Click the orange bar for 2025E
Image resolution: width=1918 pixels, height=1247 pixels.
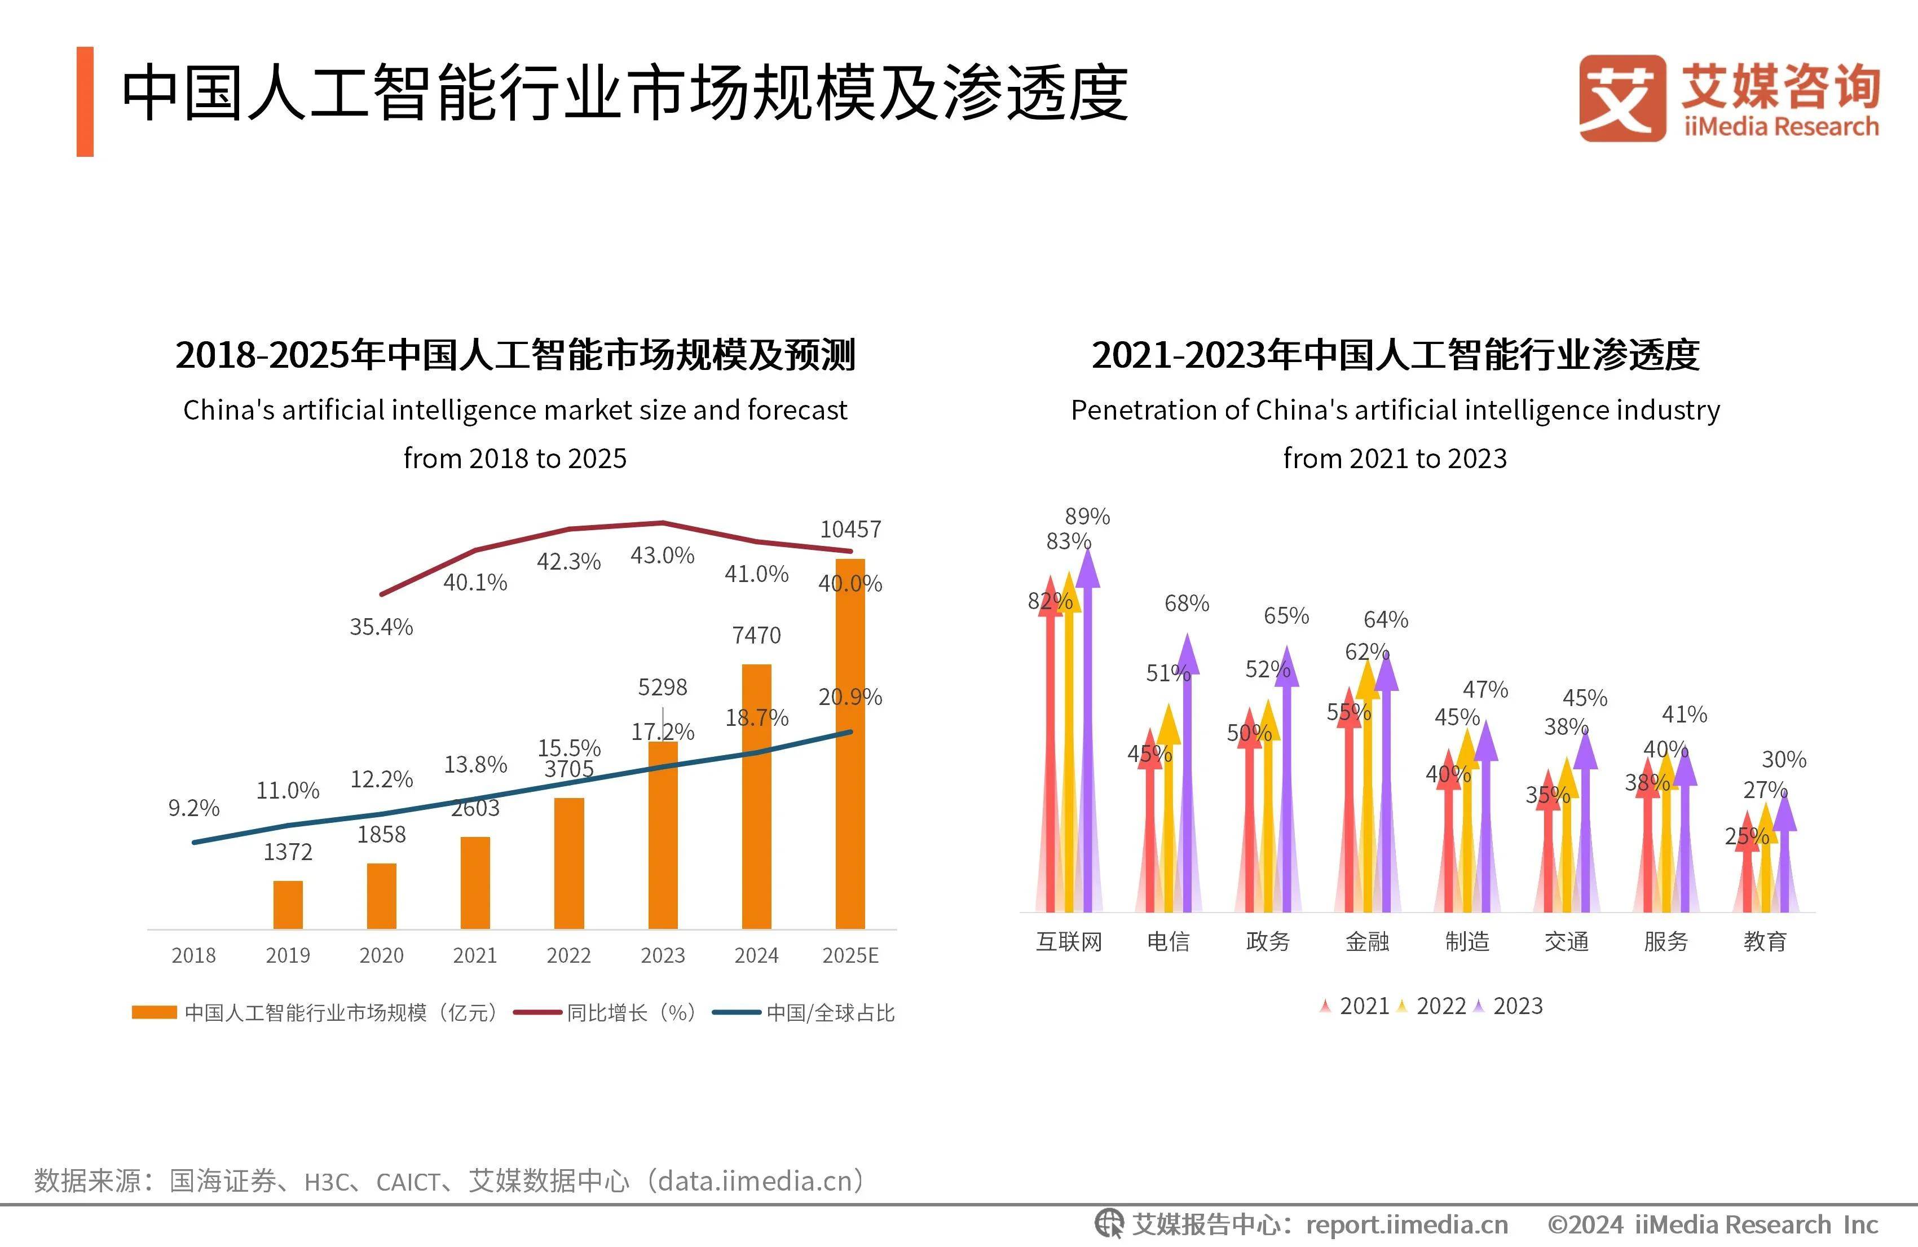[x=850, y=742]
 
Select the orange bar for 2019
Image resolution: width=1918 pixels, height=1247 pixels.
[x=288, y=905]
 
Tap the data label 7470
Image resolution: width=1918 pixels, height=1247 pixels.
[x=756, y=635]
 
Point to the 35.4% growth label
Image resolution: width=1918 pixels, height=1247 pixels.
[x=381, y=627]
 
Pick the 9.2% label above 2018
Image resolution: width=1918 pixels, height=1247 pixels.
[x=193, y=808]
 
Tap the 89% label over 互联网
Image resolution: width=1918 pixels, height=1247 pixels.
[x=1087, y=516]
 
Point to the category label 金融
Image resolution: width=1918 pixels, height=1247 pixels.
[x=1367, y=941]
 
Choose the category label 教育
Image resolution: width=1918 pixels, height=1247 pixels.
[x=1765, y=941]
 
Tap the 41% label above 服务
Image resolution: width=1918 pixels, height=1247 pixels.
[x=1685, y=714]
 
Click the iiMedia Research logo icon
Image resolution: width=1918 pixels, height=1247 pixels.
[x=1621, y=98]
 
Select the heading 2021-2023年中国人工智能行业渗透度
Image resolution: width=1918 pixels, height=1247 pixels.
[x=1395, y=355]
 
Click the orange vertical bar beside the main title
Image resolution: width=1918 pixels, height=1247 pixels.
[x=85, y=102]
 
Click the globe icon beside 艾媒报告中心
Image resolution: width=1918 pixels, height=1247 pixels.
[x=1108, y=1224]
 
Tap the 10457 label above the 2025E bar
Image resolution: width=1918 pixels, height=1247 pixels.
[x=850, y=529]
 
